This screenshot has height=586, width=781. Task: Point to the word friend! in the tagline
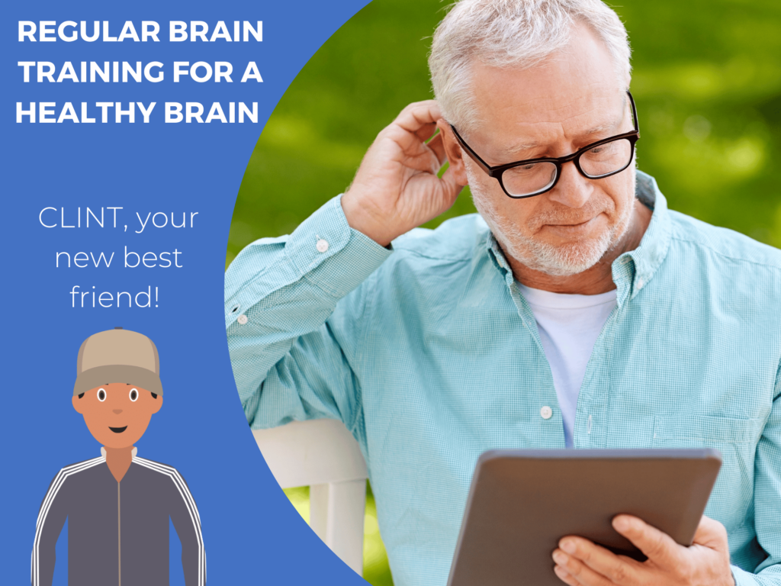pos(115,296)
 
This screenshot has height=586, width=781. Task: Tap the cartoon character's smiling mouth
pos(117,429)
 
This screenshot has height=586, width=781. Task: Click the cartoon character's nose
pos(117,412)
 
